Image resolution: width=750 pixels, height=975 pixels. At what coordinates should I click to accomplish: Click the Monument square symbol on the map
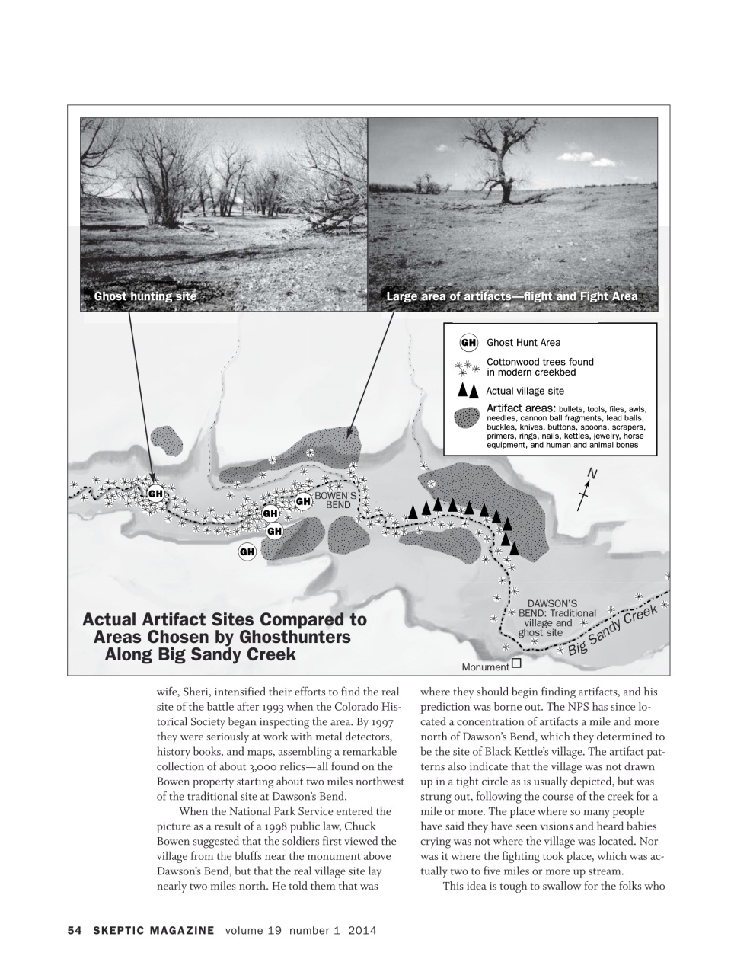point(517,663)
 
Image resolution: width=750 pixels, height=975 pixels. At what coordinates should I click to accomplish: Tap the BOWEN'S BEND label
point(331,500)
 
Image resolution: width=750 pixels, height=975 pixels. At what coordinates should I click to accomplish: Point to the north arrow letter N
point(592,475)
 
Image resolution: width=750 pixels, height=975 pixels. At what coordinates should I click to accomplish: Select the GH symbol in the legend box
point(469,342)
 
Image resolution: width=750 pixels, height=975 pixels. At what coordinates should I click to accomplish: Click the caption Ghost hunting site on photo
point(145,296)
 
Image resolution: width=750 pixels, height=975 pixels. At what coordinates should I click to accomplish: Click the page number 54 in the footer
point(75,930)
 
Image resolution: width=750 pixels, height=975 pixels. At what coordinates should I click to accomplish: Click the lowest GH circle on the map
point(247,551)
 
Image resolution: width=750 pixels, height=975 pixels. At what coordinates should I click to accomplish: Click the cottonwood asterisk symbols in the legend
point(467,368)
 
